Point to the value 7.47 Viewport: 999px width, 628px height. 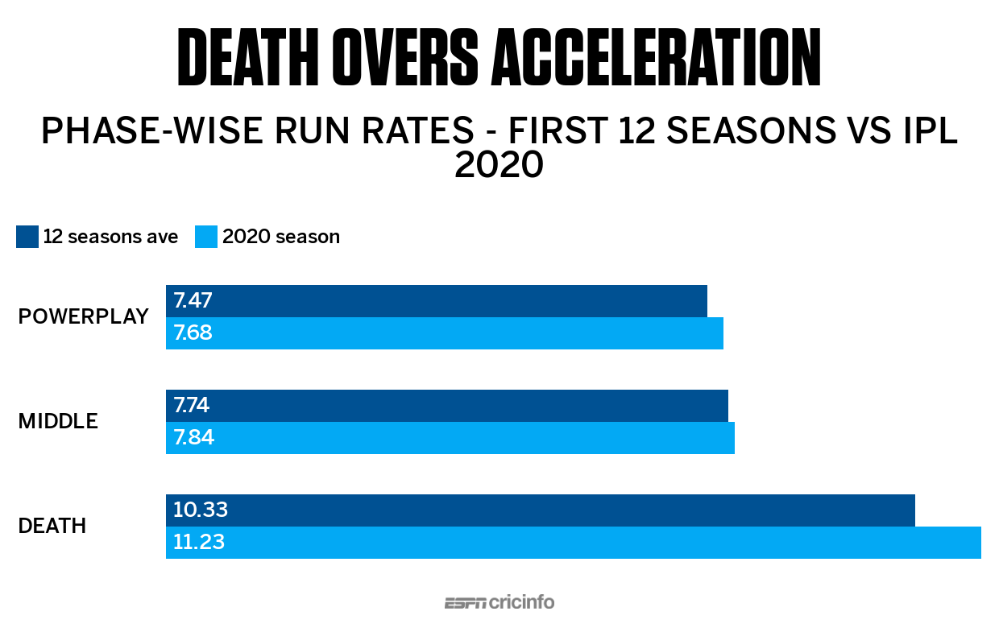point(193,301)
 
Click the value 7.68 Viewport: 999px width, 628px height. point(193,333)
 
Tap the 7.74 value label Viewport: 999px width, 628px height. point(193,406)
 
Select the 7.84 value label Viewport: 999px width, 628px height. point(193,438)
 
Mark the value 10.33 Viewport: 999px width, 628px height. point(201,510)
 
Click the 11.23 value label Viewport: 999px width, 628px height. point(199,543)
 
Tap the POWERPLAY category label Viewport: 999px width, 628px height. point(83,316)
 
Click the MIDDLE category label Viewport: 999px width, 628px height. point(58,421)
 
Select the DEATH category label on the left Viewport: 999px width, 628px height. point(52,526)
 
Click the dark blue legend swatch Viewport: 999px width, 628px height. point(27,237)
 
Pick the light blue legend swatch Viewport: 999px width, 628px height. point(206,237)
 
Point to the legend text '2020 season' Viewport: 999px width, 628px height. point(280,237)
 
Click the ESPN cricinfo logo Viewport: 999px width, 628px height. point(499,602)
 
